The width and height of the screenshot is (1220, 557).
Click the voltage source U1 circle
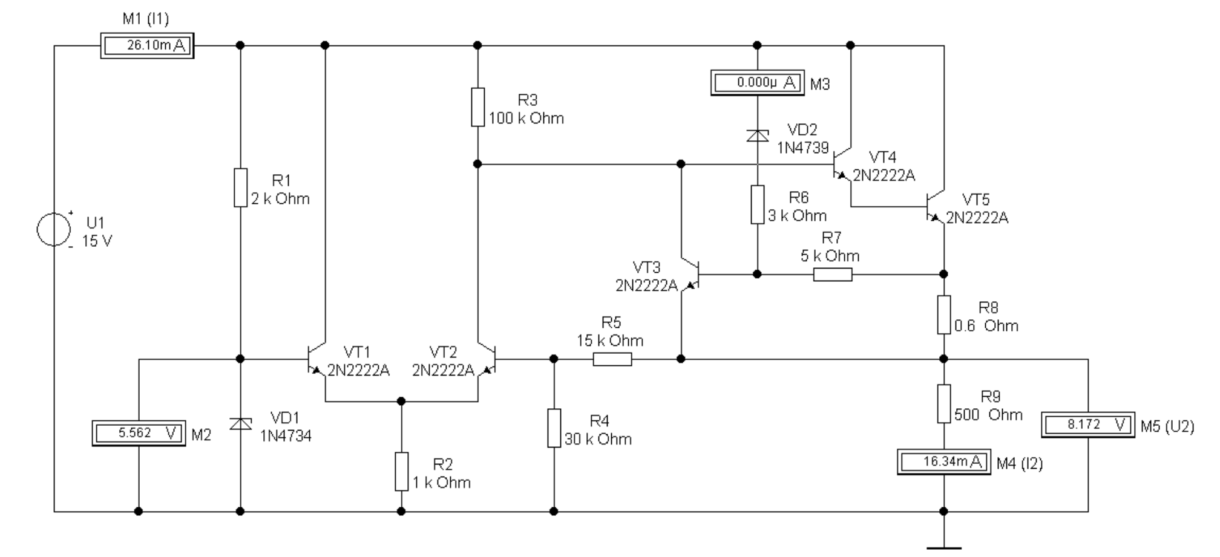[x=54, y=230]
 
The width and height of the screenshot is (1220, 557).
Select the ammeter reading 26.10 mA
[x=147, y=45]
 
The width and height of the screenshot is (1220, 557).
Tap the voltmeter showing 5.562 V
[x=139, y=433]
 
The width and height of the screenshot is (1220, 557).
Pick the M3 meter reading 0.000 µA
[x=757, y=83]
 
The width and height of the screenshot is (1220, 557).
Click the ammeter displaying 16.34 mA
[x=943, y=462]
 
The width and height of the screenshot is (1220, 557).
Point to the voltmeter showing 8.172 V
[x=1087, y=425]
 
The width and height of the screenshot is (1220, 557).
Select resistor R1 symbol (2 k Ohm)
[x=240, y=187]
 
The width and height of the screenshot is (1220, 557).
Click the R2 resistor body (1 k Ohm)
[x=401, y=471]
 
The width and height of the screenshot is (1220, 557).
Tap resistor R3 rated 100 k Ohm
[x=477, y=107]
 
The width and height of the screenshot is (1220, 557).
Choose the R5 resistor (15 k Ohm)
[x=612, y=359]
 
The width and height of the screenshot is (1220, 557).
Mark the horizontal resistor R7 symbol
[x=833, y=275]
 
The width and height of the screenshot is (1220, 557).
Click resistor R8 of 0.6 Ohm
[x=943, y=314]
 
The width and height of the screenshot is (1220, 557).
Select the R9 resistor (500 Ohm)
[x=943, y=403]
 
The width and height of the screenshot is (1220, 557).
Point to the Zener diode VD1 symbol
[x=240, y=424]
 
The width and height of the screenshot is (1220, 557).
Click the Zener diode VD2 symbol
[x=757, y=135]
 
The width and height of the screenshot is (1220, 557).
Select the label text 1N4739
[x=802, y=148]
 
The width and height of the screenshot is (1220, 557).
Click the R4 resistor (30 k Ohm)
[x=554, y=428]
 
